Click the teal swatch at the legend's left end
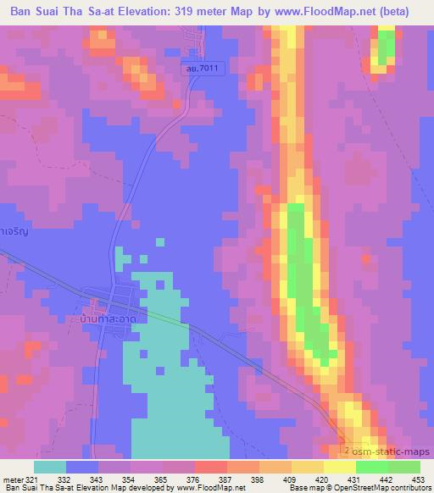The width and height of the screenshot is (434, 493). pyautogui.click(x=49, y=468)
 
